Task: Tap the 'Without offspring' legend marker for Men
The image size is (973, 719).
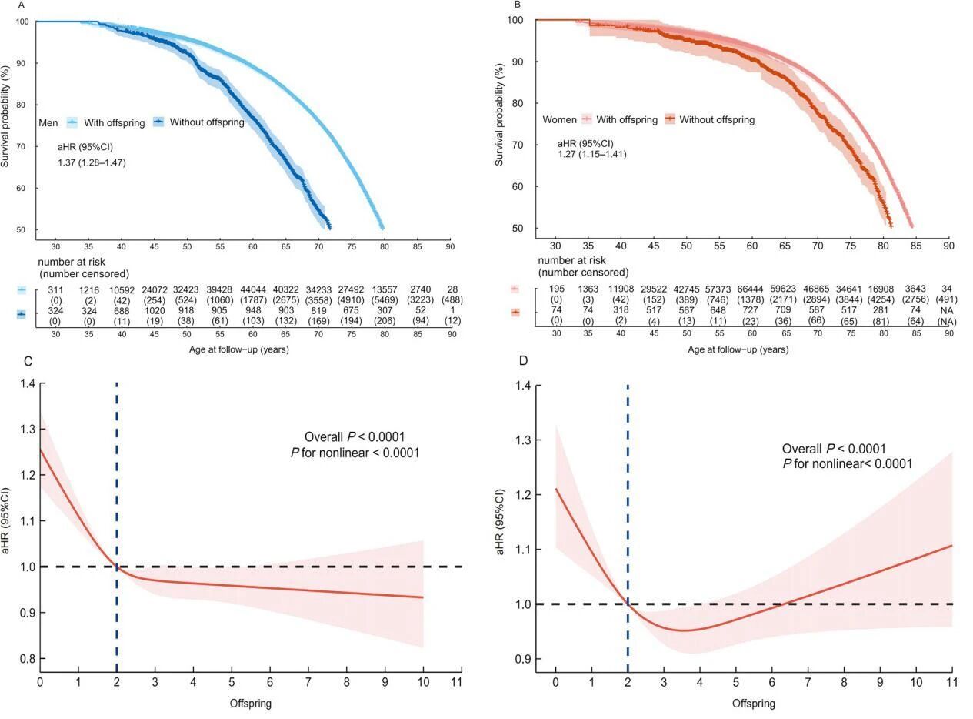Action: pos(159,122)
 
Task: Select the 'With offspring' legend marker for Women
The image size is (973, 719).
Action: pos(587,119)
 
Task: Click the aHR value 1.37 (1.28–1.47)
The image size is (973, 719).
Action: pos(92,162)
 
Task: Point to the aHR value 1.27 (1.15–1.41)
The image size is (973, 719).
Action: pos(592,154)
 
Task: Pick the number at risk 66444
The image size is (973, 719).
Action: pos(751,289)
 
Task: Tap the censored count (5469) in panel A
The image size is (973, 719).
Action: pos(385,299)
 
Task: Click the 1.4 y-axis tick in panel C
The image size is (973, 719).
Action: pos(27,383)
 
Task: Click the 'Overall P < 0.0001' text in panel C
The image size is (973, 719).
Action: pos(355,436)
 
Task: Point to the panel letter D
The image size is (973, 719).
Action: pos(525,361)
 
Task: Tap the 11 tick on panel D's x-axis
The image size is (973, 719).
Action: pos(951,682)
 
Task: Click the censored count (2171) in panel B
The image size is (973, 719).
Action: pos(785,299)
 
